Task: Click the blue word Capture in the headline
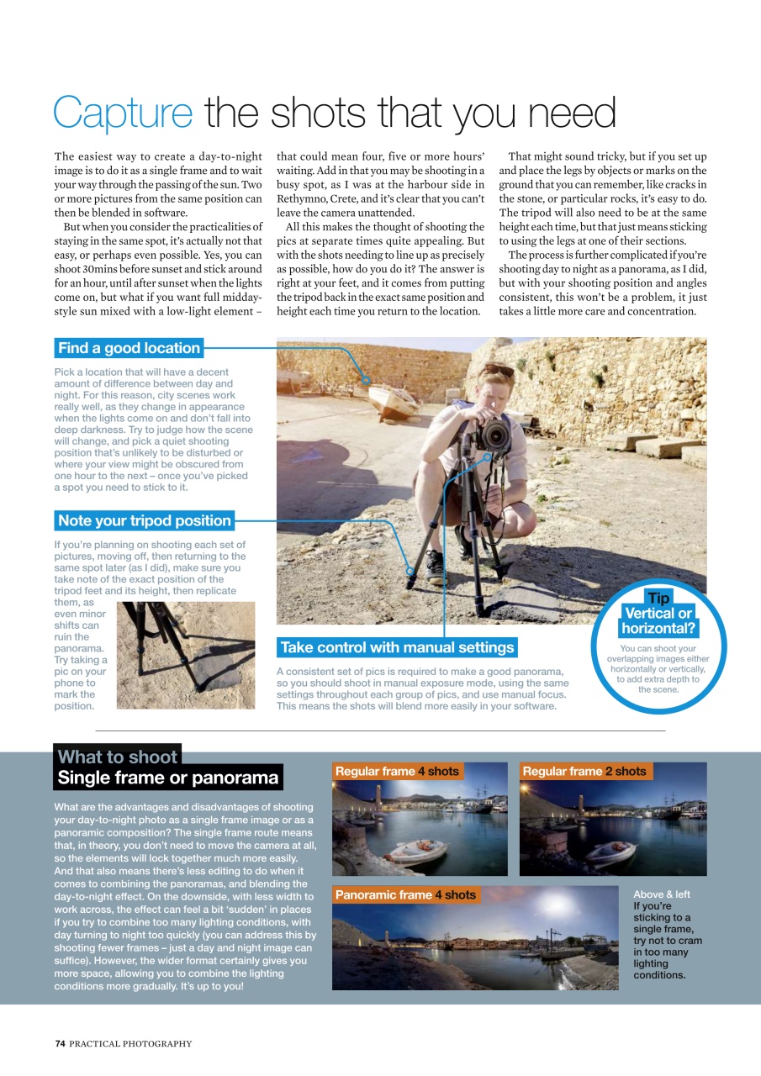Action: (123, 113)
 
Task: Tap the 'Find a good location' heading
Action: (129, 348)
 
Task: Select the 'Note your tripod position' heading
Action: (144, 520)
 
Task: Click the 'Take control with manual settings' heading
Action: (397, 647)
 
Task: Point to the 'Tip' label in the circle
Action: (658, 598)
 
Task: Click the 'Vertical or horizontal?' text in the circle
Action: (658, 621)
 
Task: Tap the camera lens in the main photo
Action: (494, 435)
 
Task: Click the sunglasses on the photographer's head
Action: (499, 370)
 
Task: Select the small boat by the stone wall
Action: (394, 401)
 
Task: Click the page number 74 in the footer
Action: (60, 1043)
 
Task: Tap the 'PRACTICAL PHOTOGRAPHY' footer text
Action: (130, 1043)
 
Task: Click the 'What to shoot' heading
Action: (117, 757)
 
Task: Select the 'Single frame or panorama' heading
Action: (167, 778)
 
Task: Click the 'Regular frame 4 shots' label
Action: (397, 771)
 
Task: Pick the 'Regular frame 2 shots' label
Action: (584, 771)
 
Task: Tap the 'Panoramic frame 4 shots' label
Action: (405, 894)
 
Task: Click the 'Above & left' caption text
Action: (661, 894)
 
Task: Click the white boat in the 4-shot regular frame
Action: (418, 851)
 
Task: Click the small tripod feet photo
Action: (185, 654)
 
